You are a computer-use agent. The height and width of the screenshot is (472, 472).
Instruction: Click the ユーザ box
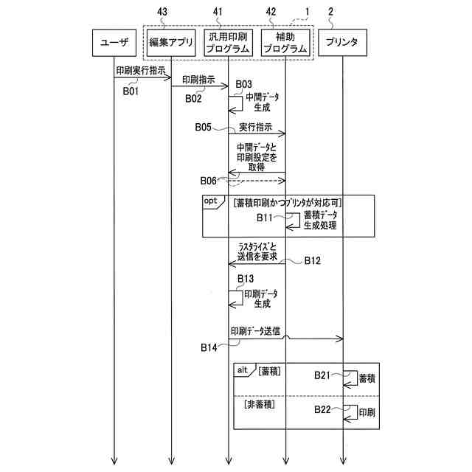114,42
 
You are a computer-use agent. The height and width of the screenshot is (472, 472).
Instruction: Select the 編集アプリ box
171,42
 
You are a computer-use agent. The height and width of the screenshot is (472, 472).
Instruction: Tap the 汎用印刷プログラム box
228,42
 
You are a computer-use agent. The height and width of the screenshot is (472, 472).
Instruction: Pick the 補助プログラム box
285,42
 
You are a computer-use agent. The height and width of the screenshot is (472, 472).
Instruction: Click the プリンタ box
341,42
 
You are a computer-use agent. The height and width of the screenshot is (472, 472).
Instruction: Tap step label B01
131,91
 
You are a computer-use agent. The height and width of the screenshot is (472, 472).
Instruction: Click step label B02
193,98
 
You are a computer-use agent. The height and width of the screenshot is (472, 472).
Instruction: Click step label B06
209,181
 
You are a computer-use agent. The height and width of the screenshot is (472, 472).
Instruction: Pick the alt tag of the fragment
241,369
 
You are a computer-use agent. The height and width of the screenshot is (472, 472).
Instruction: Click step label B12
313,261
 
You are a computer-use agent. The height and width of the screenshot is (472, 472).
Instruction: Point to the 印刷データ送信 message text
255,331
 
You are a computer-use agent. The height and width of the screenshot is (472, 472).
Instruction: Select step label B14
209,345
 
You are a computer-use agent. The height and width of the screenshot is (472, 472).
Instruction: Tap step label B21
322,375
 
